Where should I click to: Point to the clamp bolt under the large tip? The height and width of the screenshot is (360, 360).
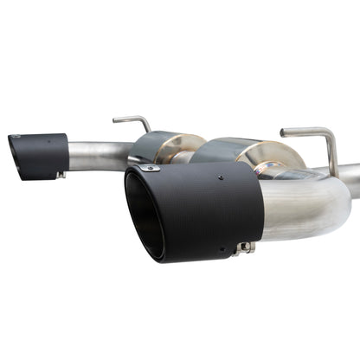point(245,249)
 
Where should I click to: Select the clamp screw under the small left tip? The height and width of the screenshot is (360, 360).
point(60,176)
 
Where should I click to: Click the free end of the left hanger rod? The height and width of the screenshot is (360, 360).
point(115,119)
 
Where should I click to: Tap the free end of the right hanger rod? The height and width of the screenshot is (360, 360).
point(284,131)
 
